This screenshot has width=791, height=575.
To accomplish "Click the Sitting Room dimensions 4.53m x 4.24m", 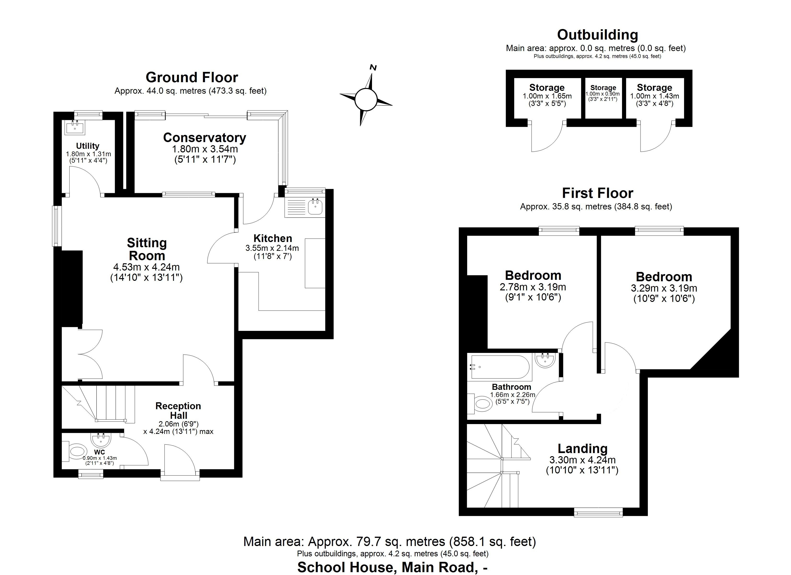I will coord(146,267).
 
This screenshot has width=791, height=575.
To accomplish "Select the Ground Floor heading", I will coord(192,77).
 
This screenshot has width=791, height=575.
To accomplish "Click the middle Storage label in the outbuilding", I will coord(603,88).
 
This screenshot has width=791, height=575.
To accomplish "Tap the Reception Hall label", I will coord(178,410).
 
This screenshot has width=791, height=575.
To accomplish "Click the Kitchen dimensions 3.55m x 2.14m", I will coord(272,248).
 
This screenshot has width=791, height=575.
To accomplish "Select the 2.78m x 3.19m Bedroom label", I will coord(533,276).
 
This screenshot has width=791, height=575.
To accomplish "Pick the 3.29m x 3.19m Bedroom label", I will coord(664,277).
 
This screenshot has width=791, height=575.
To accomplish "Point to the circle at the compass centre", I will coord(366,99).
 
